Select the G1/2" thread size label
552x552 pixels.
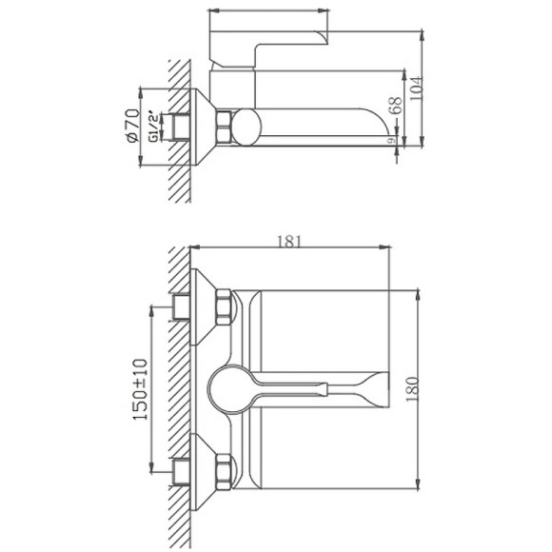point(152,127)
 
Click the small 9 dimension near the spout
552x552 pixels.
point(392,141)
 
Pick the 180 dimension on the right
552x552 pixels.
point(412,388)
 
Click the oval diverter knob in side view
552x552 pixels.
point(247,127)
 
